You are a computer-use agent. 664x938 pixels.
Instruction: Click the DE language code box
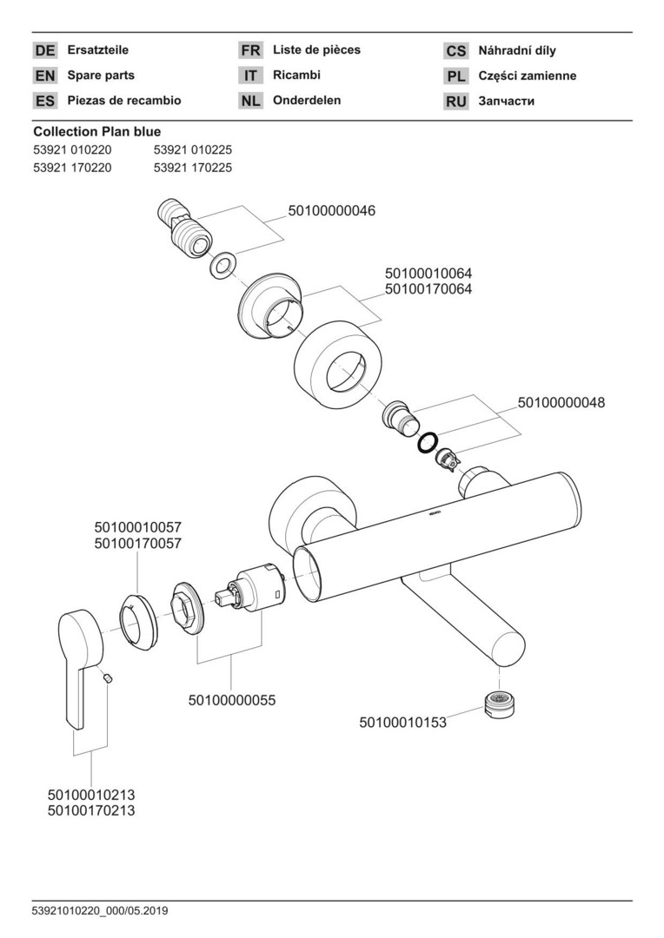(x=45, y=50)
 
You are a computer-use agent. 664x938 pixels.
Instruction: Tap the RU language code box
(x=456, y=101)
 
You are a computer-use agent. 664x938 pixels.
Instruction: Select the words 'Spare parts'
(x=101, y=76)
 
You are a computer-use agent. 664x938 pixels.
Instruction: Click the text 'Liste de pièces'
(x=316, y=50)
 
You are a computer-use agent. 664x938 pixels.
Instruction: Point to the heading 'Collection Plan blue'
(x=96, y=132)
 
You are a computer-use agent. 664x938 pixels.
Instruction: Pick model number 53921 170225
(x=192, y=168)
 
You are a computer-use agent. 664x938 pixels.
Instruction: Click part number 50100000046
(x=332, y=211)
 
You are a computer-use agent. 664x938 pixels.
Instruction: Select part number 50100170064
(x=428, y=289)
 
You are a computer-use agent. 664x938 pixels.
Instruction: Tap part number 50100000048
(x=561, y=402)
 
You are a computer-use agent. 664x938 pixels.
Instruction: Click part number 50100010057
(x=137, y=527)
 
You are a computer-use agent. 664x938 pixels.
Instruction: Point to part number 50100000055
(x=231, y=699)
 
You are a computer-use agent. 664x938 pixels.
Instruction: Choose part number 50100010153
(x=402, y=721)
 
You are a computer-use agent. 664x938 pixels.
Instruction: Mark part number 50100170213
(x=91, y=810)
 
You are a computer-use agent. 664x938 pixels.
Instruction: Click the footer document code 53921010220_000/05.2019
(x=101, y=910)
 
